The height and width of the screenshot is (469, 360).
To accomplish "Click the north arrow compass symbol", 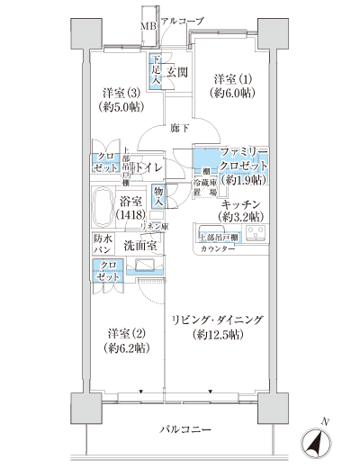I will pos(317,442).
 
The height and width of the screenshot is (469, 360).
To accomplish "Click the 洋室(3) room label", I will pos(119,99).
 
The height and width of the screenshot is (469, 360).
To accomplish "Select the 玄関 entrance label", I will pos(176,73).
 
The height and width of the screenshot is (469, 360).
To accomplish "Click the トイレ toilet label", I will pos(147,167).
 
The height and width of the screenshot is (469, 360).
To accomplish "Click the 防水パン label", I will pos(103,244).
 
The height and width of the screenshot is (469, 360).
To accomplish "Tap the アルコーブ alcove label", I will pos(183,20).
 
